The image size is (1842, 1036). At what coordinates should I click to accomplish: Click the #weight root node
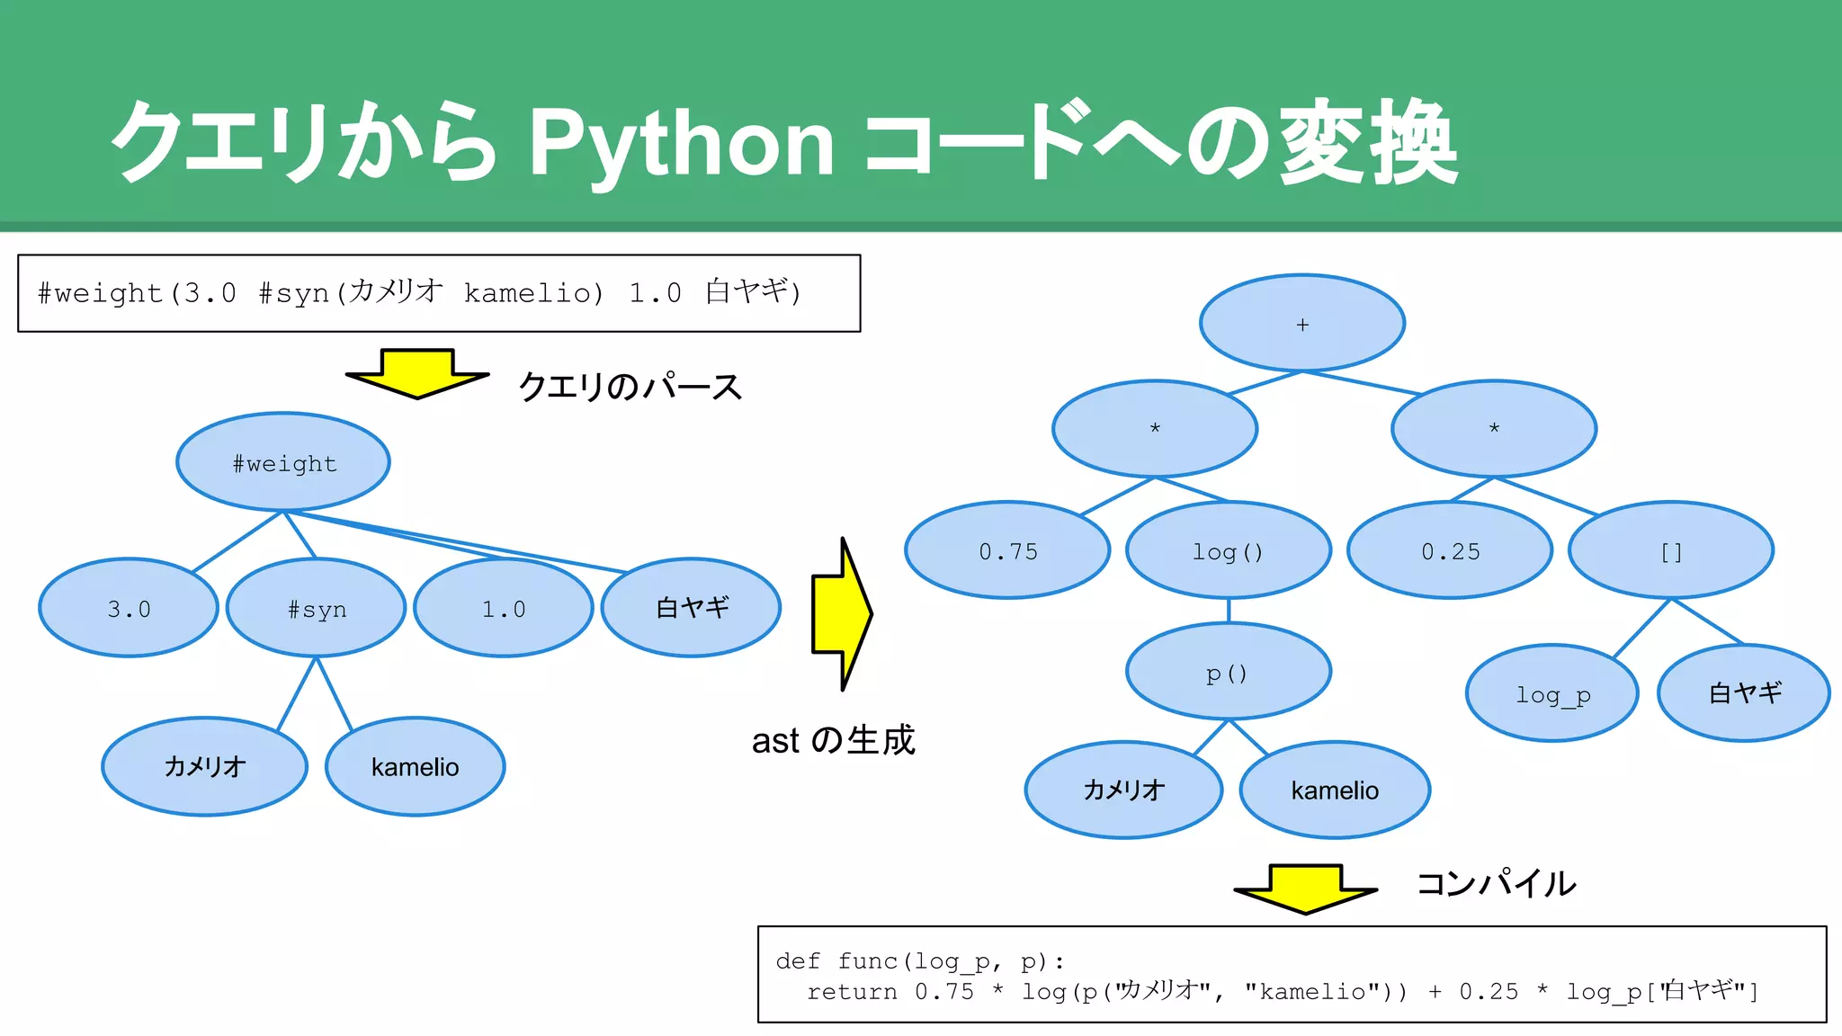click(x=283, y=462)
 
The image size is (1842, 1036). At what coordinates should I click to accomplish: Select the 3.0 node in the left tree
click(x=129, y=608)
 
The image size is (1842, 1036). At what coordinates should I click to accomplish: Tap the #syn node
click(x=317, y=608)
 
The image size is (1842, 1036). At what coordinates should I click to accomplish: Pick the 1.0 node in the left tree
click(x=504, y=608)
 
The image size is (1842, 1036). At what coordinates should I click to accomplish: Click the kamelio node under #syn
click(x=415, y=766)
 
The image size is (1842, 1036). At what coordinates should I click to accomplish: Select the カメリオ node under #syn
click(x=205, y=766)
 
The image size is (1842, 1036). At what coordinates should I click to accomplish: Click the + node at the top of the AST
click(x=1302, y=324)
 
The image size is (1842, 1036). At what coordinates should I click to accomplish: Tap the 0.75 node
click(x=1007, y=550)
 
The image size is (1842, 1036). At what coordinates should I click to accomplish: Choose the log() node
click(x=1229, y=550)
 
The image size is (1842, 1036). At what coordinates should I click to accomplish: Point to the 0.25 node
click(x=1450, y=550)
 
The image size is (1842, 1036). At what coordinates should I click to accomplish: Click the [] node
click(x=1671, y=550)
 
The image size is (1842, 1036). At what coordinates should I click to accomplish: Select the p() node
click(x=1229, y=672)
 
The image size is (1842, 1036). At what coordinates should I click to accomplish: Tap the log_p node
click(x=1552, y=693)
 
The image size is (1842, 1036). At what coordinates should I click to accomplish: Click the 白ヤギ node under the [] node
click(x=1744, y=693)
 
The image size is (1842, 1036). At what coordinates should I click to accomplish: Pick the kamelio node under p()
click(x=1335, y=790)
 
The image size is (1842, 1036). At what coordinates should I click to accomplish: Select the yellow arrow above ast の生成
click(x=842, y=614)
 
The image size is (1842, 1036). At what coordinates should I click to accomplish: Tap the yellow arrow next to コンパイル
click(x=1305, y=889)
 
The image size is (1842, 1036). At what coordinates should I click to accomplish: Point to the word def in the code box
click(x=797, y=960)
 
